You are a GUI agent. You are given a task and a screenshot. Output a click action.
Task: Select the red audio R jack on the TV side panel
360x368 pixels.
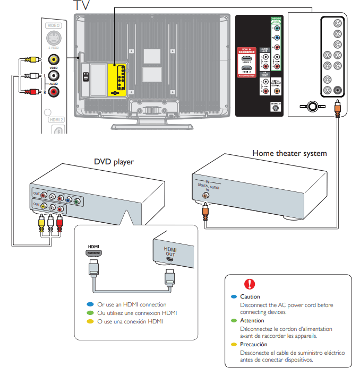(53, 92)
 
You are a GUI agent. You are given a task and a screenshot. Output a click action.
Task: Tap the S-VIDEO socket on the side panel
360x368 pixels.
(53, 39)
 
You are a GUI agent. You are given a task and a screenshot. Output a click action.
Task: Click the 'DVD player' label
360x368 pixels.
(114, 162)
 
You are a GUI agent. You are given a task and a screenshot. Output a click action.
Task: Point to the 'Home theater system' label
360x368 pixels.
(289, 153)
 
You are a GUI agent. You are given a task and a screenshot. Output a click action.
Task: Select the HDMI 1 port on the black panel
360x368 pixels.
(246, 57)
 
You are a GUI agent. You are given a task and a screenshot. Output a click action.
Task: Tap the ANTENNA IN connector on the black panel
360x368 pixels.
(275, 108)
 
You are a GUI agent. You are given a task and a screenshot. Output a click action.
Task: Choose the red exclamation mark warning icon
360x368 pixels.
(249, 284)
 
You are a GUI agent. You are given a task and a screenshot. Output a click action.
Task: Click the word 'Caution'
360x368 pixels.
(250, 297)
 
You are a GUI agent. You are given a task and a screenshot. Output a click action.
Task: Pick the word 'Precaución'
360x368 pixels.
(254, 344)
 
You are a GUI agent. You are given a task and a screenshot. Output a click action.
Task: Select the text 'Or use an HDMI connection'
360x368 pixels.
(132, 304)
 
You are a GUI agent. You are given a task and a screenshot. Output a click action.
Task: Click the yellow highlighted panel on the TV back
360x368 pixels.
(117, 80)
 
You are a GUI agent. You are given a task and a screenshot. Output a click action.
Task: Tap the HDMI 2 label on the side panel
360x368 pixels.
(56, 120)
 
